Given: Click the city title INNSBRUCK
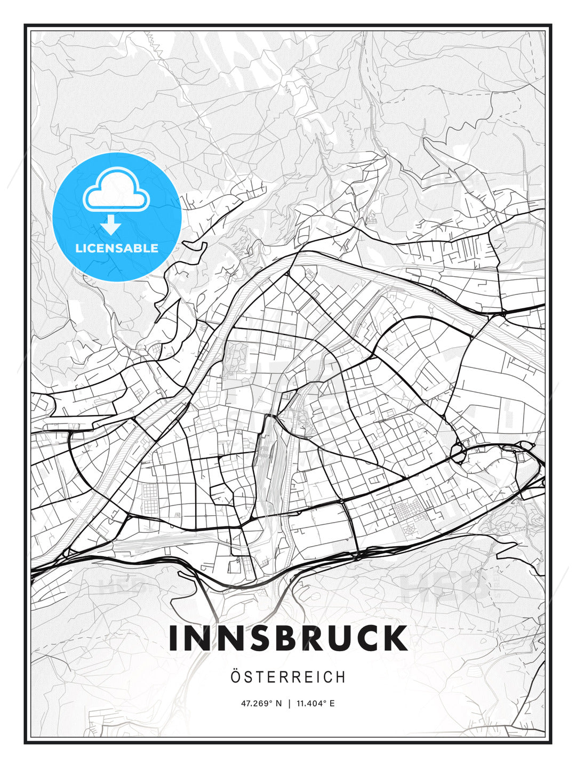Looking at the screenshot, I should [x=288, y=638].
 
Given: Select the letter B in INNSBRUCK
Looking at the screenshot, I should [x=280, y=638].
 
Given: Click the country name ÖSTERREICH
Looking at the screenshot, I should [x=288, y=677].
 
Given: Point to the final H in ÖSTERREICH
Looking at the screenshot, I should [x=340, y=677].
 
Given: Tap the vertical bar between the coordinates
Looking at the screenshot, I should [x=289, y=703].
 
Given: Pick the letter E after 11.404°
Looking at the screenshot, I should [x=332, y=703].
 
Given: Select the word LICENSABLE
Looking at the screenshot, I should [x=117, y=248].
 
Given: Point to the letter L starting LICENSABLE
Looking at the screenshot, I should [x=79, y=248].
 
